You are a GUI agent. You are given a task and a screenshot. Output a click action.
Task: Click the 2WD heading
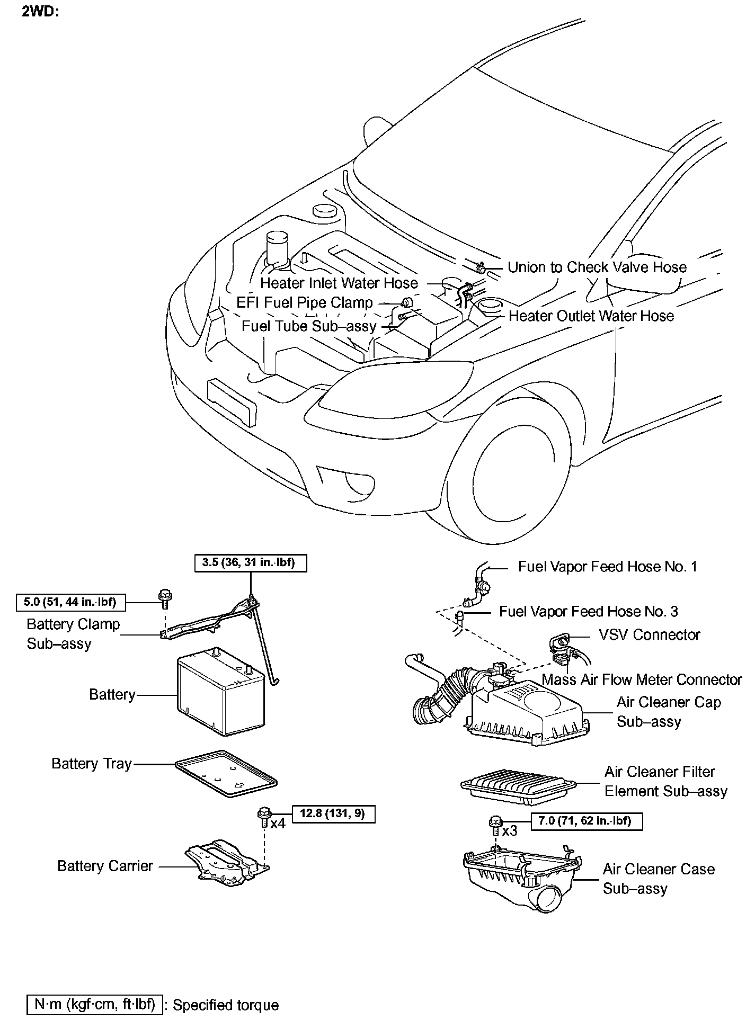40,11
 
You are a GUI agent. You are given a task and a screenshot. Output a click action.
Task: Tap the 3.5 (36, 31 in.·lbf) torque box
248,562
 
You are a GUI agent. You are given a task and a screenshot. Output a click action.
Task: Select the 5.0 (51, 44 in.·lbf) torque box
70,602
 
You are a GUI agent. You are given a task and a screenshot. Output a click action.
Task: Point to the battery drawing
220,694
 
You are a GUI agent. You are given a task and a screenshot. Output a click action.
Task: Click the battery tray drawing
226,773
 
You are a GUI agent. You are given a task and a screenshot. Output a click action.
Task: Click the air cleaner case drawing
522,876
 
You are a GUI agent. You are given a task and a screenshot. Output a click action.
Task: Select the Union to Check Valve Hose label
597,267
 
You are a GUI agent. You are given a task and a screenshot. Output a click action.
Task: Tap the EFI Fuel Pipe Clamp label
304,302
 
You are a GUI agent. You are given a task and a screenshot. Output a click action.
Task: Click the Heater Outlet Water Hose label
591,316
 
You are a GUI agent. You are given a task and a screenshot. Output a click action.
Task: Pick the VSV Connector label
649,634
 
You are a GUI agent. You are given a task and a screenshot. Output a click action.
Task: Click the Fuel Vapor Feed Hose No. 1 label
607,567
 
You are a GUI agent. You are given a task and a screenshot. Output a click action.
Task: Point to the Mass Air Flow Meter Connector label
642,679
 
